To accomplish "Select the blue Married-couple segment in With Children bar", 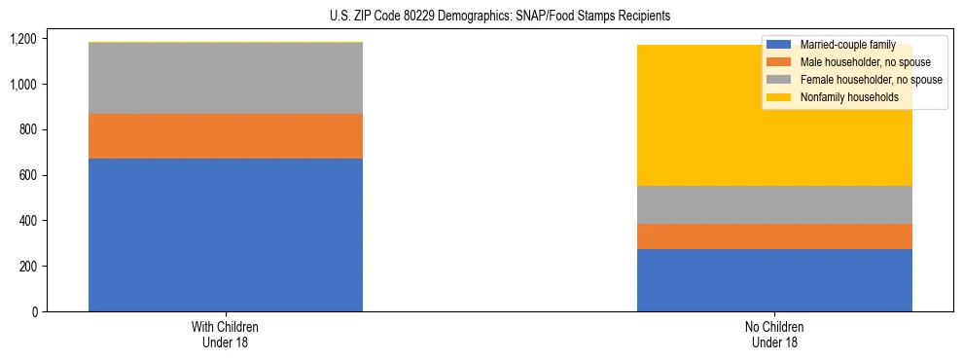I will tap(226, 234).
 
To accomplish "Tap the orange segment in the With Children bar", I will tap(226, 136).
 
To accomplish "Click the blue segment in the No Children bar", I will tap(774, 280).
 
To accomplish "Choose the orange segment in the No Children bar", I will tap(774, 236).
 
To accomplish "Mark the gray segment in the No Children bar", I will tap(774, 204).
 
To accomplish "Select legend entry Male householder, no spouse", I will tap(865, 62).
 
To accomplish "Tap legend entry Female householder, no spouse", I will tap(870, 80).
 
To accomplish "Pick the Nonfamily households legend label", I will tap(848, 97).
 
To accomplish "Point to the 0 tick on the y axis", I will tap(34, 312).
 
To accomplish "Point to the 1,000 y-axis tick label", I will tap(23, 85).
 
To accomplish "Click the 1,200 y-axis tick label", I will tap(23, 39).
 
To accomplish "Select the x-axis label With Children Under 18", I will tap(226, 335).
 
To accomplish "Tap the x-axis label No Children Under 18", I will tap(774, 335).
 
